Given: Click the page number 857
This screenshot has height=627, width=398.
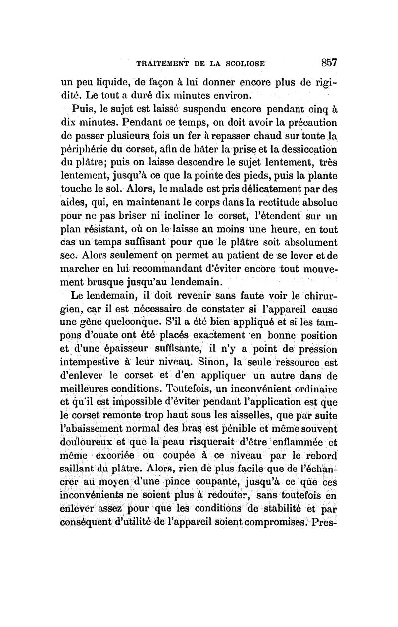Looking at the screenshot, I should click(329, 63).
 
